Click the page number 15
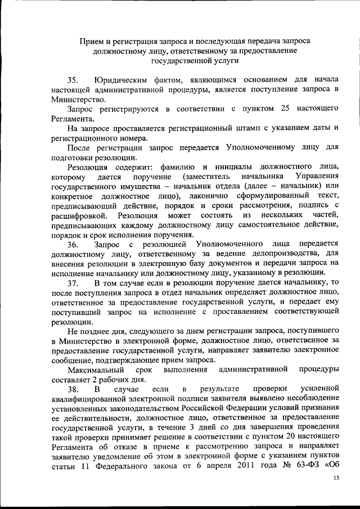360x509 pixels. tap(336, 477)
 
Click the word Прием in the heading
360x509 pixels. tap(91, 41)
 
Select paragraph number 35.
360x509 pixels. tap(73, 79)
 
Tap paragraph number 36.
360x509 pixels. tap(73, 244)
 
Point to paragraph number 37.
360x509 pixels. tap(73, 282)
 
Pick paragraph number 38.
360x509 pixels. tap(73, 389)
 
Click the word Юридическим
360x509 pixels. tap(119, 79)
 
